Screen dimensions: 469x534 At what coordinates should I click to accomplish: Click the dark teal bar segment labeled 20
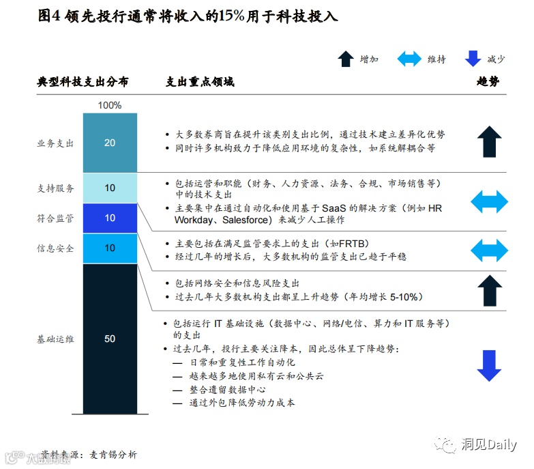point(110,143)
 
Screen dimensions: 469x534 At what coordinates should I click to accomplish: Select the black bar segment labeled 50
point(110,339)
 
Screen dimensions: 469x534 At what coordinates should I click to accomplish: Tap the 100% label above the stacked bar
point(110,105)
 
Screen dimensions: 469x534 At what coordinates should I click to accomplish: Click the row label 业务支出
point(55,143)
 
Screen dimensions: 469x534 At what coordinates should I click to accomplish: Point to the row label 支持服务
point(55,188)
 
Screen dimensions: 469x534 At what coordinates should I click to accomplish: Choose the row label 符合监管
point(55,218)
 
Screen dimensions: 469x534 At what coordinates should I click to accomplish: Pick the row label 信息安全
point(55,248)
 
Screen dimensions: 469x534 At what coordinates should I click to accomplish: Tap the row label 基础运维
point(55,339)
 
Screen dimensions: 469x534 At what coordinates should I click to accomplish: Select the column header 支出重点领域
point(201,82)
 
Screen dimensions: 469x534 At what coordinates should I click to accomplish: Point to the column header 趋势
point(488,82)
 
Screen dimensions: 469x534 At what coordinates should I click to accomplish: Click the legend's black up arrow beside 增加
point(346,59)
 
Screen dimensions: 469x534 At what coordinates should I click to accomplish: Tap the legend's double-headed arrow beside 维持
point(409,59)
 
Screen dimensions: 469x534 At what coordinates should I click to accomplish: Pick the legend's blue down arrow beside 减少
point(473,59)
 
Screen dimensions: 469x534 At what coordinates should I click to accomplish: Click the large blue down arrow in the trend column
point(489,366)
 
